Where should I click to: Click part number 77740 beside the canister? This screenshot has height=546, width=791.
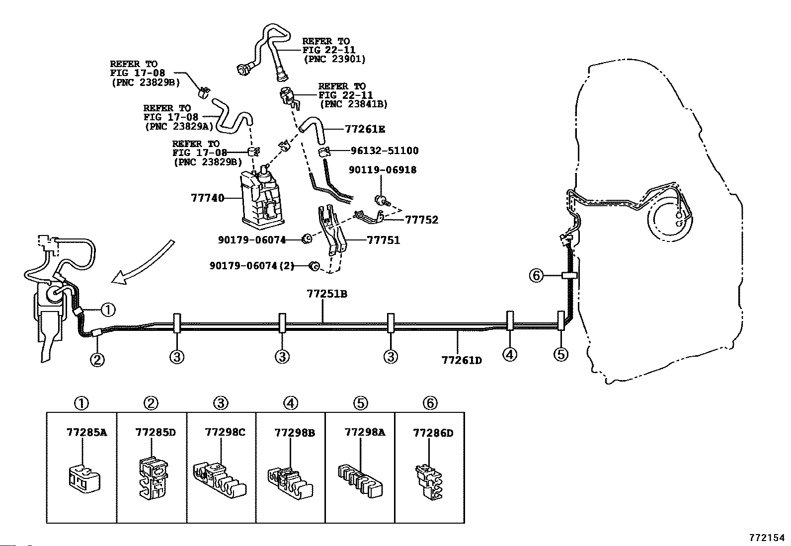pos(207,198)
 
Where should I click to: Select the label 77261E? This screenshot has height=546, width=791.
pos(365,129)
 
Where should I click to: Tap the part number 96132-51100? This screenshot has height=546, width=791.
pos(385,151)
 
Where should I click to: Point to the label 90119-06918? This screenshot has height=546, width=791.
pos(383,170)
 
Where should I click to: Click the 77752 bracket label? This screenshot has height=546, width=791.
pos(422,220)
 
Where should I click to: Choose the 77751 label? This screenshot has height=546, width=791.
pos(384,240)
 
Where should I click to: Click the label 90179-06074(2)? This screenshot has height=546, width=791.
pos(252,266)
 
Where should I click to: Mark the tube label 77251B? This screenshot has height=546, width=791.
pos(327,294)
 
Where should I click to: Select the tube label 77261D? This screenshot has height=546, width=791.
pos(462,360)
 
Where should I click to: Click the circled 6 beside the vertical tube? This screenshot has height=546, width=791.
pos(536,275)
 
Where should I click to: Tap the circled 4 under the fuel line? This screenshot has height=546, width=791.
pos(510,355)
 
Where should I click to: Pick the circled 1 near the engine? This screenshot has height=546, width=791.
pos(108,310)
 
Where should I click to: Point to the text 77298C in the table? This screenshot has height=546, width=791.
pos(225,432)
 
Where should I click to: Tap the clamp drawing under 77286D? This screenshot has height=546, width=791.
pos(428,483)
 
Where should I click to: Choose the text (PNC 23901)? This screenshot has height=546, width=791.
pos(334,59)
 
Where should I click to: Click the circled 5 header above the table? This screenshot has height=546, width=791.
pos(360,403)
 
